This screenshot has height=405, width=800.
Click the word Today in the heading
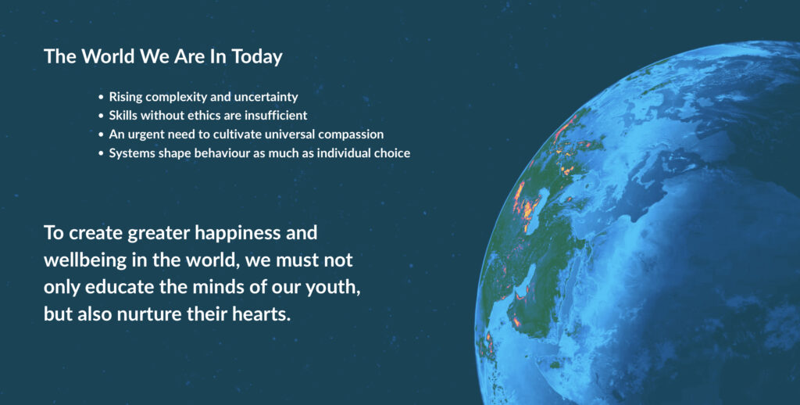[256, 57]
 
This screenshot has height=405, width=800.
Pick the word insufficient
[276, 116]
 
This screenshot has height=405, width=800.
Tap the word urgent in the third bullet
[145, 134]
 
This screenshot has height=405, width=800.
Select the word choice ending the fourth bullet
[392, 153]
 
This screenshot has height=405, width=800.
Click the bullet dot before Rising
[101, 97]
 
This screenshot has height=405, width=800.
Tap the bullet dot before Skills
[101, 116]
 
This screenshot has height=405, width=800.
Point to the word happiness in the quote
[237, 234]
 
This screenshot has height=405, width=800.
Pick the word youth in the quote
[333, 288]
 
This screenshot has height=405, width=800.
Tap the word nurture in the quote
[149, 314]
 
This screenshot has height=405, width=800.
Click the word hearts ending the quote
[262, 314]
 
